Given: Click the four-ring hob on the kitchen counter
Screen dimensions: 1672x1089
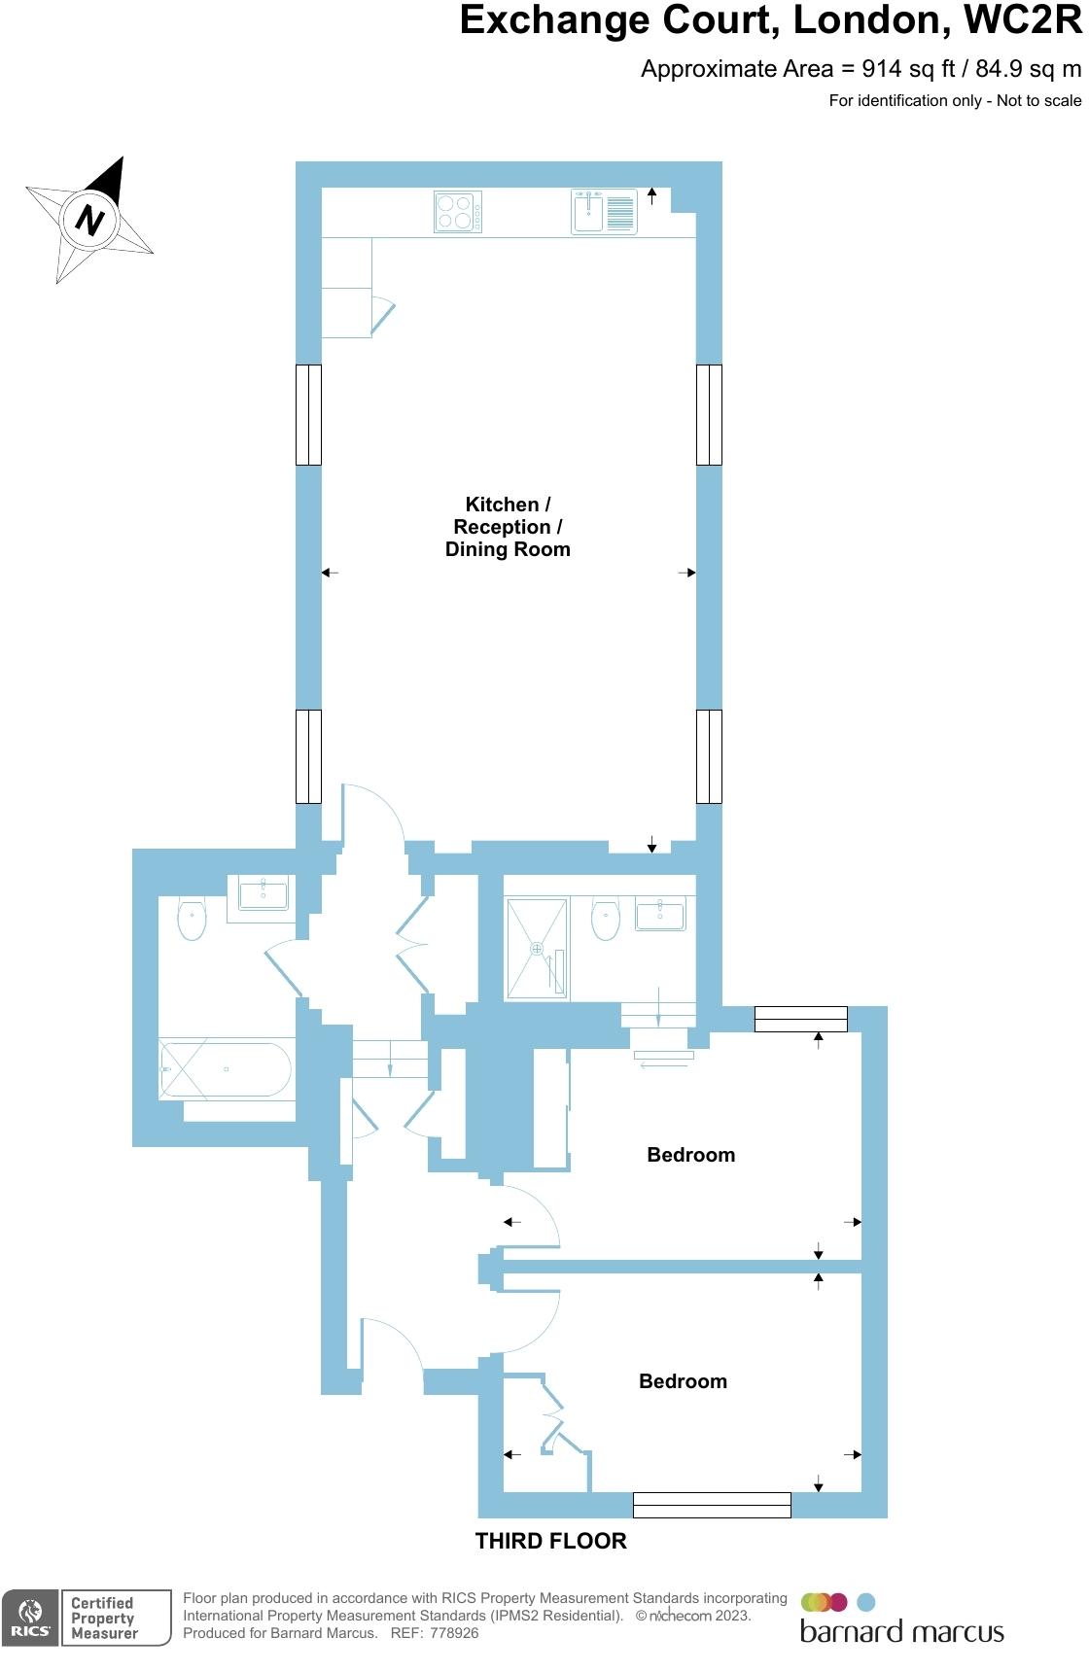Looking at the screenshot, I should pos(457,212).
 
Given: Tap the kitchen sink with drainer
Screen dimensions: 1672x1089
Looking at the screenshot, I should pos(603,212).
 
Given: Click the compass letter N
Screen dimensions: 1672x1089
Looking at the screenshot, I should pos(89,220).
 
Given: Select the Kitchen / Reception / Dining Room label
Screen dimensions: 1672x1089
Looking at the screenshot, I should pos(508,527).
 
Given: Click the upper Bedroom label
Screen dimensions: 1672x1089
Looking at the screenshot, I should pos(690,1155).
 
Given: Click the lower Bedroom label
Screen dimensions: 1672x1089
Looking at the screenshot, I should pos(683,1381).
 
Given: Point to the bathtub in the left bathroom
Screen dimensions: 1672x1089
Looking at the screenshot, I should pos(227,1069).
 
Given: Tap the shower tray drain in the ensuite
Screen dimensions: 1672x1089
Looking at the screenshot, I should pos(536,948).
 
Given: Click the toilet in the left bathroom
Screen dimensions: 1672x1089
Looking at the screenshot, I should pos(193,919).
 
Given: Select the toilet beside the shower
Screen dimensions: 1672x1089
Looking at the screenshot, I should pos(606,919).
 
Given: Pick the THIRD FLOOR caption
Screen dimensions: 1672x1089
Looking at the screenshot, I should pos(550,1541).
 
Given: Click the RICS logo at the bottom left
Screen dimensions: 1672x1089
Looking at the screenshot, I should pos(30,1618).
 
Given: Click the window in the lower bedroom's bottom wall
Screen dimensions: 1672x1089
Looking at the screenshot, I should pos(712,1505).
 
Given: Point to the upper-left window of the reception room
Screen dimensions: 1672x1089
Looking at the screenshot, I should pos(308,415).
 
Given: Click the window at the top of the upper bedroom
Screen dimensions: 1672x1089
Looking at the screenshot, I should pos(800,1019).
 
